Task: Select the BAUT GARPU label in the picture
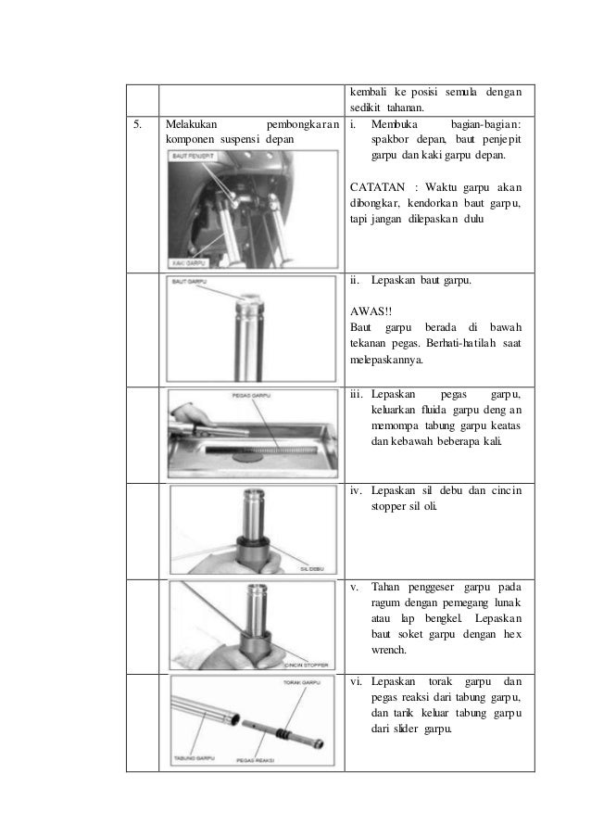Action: click(189, 282)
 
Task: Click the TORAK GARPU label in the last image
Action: click(299, 684)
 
